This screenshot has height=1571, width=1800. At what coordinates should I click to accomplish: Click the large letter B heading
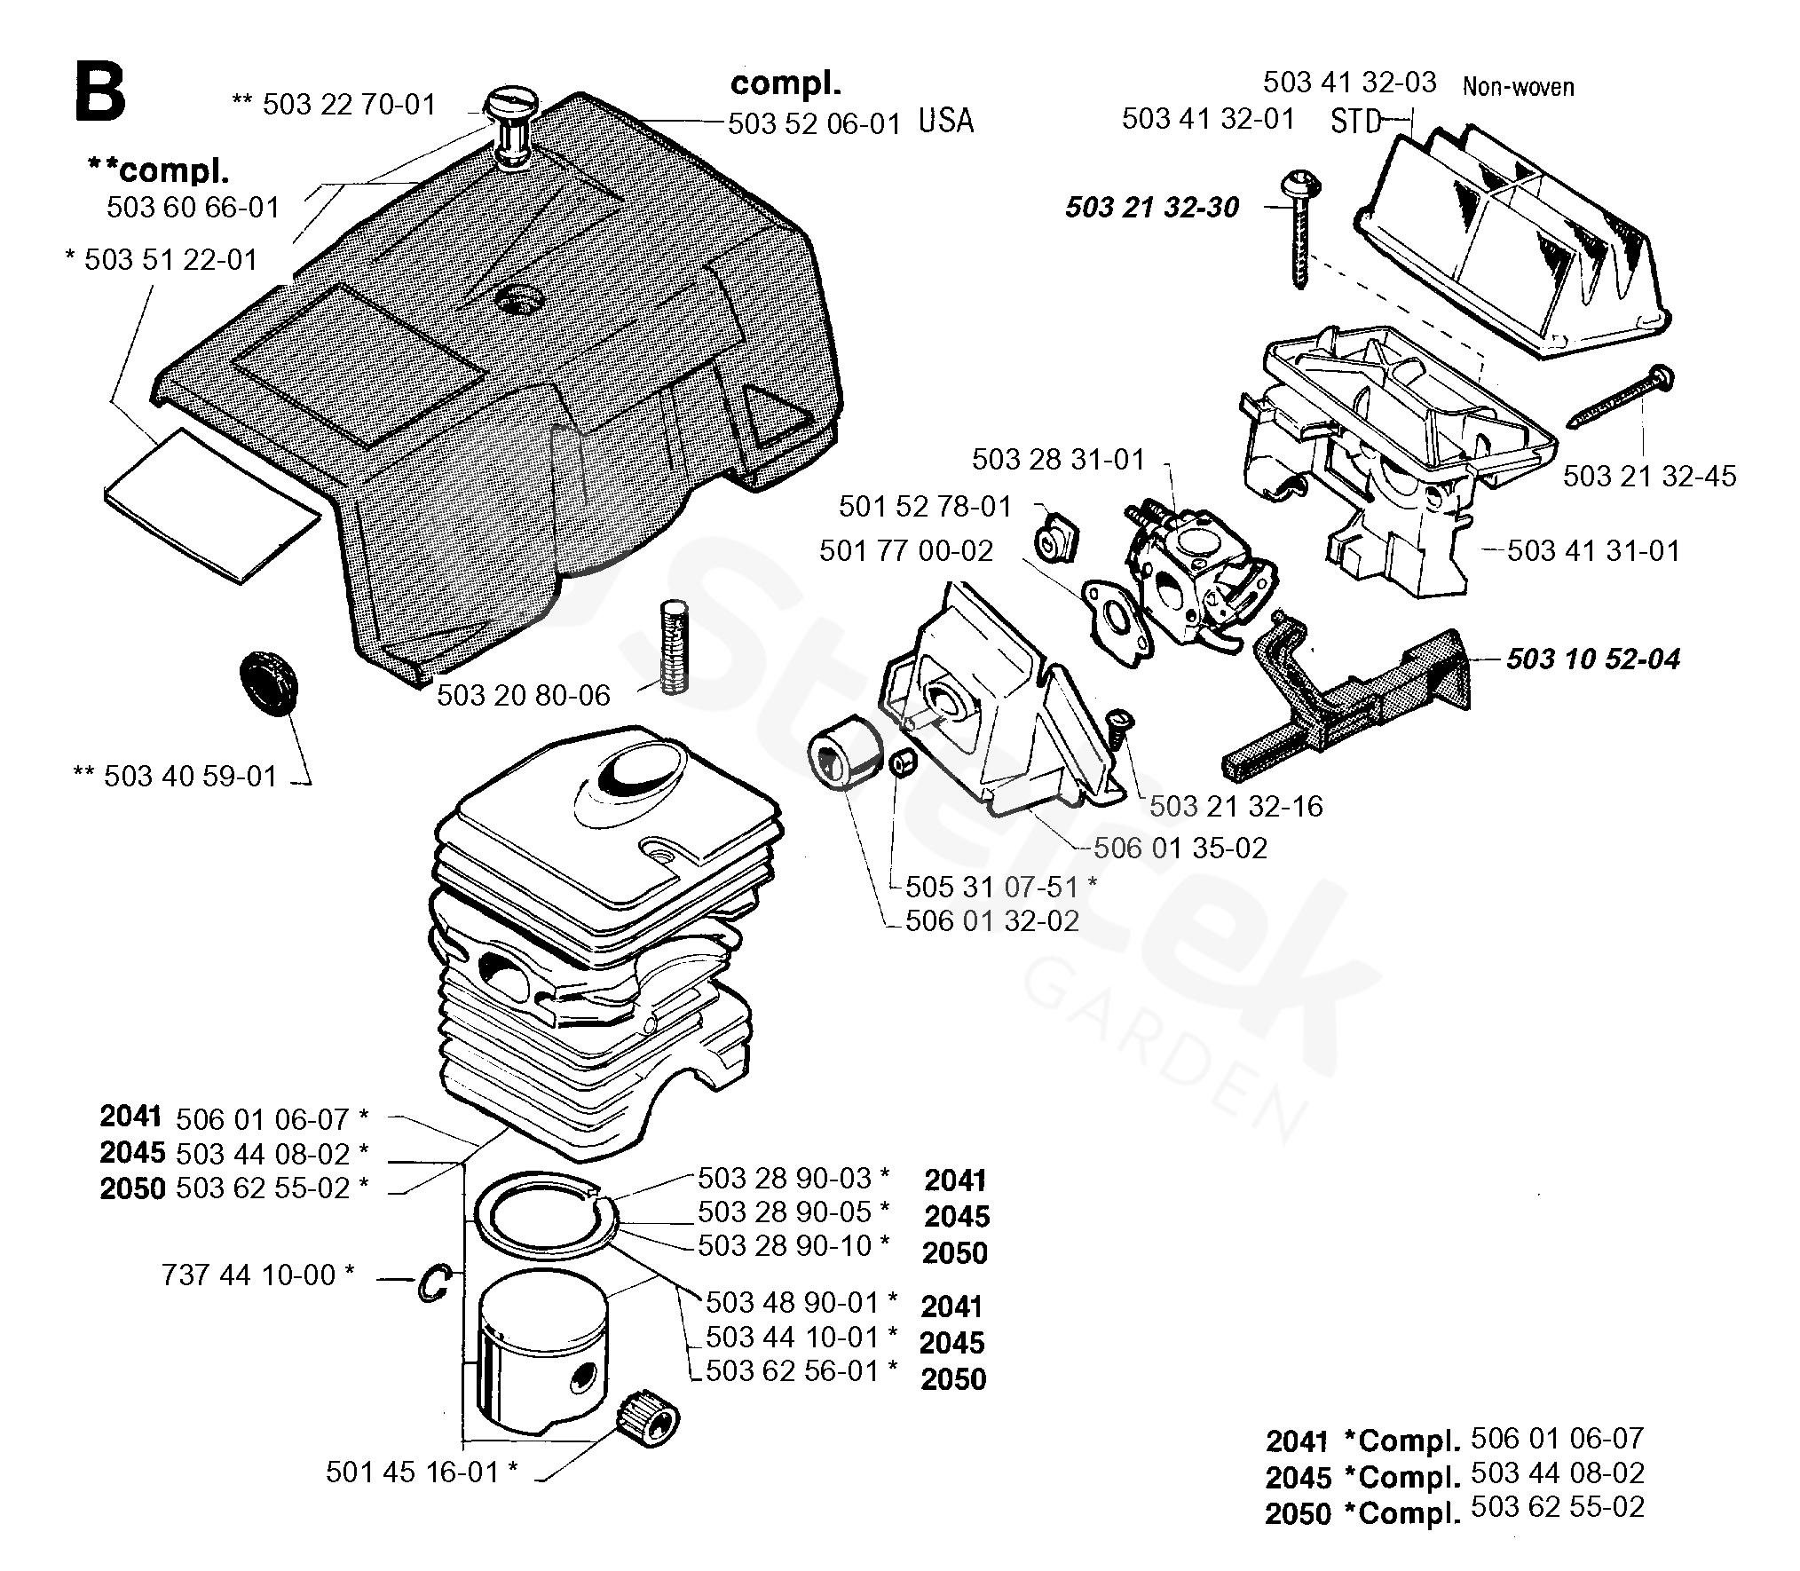(x=99, y=92)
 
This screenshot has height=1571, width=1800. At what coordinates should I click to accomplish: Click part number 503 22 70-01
(x=349, y=105)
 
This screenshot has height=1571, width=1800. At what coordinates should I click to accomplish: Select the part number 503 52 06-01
(x=815, y=123)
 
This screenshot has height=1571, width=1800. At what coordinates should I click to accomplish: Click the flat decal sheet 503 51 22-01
(x=211, y=504)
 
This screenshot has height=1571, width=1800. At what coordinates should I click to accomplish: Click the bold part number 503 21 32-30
(x=1152, y=208)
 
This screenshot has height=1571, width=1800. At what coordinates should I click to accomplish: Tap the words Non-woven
(x=1518, y=87)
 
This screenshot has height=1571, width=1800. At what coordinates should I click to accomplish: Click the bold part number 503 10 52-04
(x=1593, y=659)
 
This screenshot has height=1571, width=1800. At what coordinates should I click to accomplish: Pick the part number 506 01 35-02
(x=1180, y=849)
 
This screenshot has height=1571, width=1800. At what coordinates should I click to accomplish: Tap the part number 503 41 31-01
(x=1593, y=551)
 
